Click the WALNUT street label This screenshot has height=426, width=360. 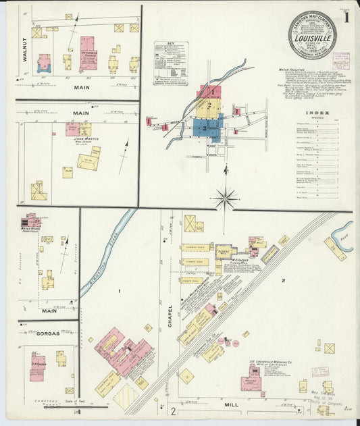[24, 51]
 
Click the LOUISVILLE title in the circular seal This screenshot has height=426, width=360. [312, 38]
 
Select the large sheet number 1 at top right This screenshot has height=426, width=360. [346, 18]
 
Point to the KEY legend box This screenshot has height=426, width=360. [170, 63]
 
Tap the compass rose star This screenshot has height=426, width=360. [225, 198]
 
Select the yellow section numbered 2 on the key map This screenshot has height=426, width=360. [209, 106]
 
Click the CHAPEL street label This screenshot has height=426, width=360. [170, 315]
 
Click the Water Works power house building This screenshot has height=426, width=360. [30, 221]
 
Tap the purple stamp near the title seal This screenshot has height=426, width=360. [341, 58]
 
